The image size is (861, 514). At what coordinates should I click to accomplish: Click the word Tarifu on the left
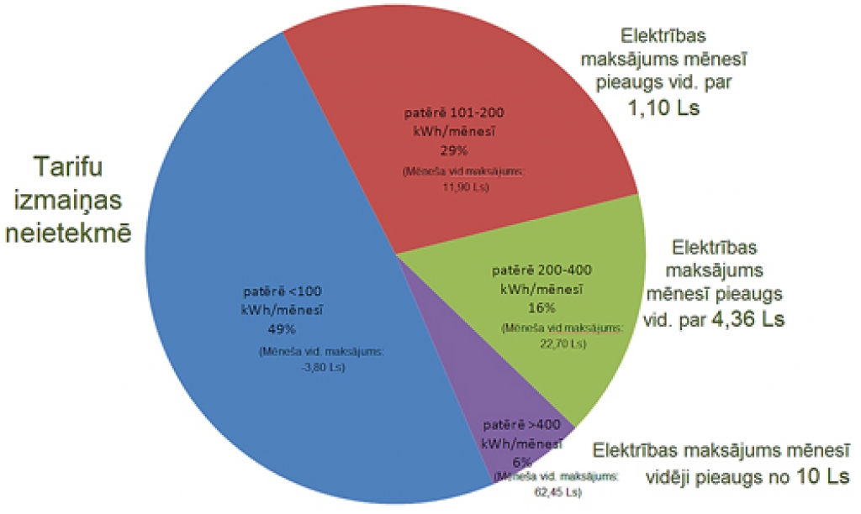67,167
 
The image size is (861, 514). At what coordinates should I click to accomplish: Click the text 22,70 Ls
561,342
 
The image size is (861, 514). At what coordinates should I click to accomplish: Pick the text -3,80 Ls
319,367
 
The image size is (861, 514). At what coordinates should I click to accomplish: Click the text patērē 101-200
454,113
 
